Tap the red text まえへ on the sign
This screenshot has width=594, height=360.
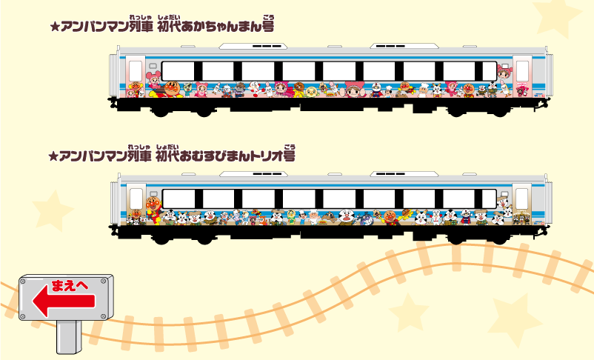pyautogui.click(x=70, y=286)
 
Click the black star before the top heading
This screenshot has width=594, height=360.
pyautogui.click(x=56, y=27)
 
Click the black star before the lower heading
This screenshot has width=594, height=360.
pyautogui.click(x=54, y=156)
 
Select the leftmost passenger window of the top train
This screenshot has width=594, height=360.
pyautogui.click(x=178, y=72)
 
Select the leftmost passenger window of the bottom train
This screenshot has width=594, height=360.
pyautogui.click(x=178, y=199)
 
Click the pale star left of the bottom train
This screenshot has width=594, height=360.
pyautogui.click(x=52, y=210)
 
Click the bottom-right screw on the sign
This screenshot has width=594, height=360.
pyautogui.click(x=103, y=316)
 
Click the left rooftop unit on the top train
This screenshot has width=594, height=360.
pyautogui.click(x=253, y=46)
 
